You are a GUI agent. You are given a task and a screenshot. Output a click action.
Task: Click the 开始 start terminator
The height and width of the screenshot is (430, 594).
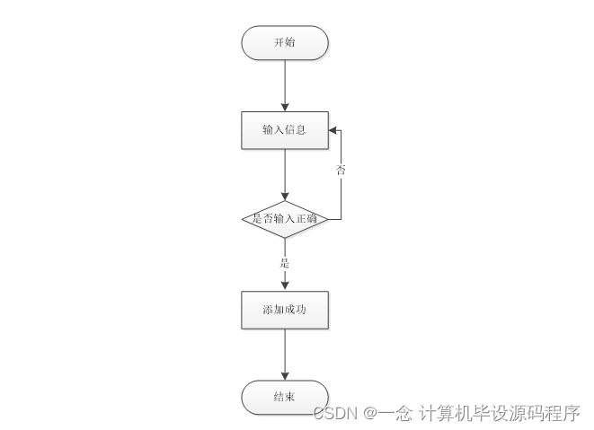coord(285,42)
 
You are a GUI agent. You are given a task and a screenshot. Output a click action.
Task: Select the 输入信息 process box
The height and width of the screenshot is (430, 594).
coord(285,130)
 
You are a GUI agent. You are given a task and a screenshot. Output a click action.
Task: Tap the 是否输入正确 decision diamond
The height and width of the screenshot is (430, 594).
coord(285,218)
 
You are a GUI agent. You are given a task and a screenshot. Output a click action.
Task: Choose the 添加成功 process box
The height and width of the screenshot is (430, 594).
coord(285,309)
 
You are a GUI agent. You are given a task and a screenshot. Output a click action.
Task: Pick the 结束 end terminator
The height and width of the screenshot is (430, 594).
coord(285,396)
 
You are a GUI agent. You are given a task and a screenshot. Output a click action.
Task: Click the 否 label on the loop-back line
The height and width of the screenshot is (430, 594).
coord(341,170)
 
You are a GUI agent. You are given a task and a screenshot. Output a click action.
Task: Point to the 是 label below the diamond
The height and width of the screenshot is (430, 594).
coord(285,263)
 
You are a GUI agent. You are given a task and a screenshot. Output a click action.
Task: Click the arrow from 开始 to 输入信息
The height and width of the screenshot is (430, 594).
coord(285,84)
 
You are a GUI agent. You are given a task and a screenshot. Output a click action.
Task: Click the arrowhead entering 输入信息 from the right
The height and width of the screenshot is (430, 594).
coord(333,130)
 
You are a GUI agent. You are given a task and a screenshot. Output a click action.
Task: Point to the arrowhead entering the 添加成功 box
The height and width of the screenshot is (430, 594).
coord(285,285)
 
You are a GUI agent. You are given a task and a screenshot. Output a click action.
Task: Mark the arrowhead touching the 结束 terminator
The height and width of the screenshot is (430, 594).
coord(285,374)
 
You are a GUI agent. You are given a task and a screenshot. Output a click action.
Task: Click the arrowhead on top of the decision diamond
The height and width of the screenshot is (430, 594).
coord(285,196)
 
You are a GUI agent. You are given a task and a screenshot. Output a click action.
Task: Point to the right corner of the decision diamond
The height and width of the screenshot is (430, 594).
coord(328,218)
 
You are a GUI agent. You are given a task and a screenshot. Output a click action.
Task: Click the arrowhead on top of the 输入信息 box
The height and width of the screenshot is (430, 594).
coord(285,107)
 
